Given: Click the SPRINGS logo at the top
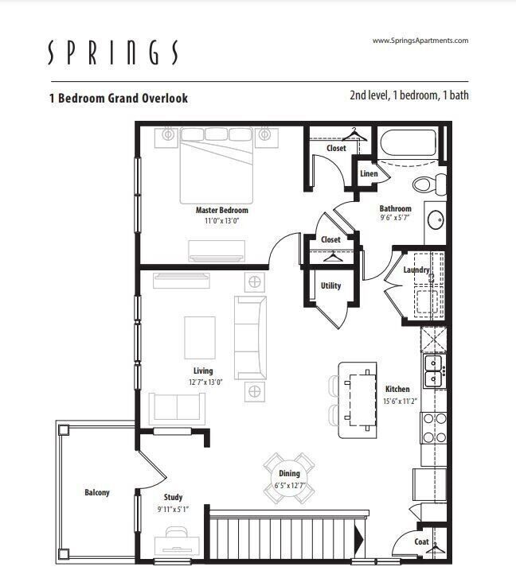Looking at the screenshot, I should [x=112, y=52].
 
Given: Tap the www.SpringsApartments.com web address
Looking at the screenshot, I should [x=420, y=41].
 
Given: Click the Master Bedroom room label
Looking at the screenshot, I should [x=221, y=210].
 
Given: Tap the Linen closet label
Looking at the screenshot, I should [x=369, y=173].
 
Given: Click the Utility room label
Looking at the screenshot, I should [x=330, y=285].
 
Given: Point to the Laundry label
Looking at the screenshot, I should [x=416, y=270].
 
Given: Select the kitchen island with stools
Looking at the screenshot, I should [x=357, y=399].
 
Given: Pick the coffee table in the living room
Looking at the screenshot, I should [x=199, y=337].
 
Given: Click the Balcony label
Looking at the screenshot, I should [x=97, y=493].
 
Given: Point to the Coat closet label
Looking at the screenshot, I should [x=421, y=542].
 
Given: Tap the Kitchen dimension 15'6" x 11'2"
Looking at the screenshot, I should [x=397, y=401].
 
